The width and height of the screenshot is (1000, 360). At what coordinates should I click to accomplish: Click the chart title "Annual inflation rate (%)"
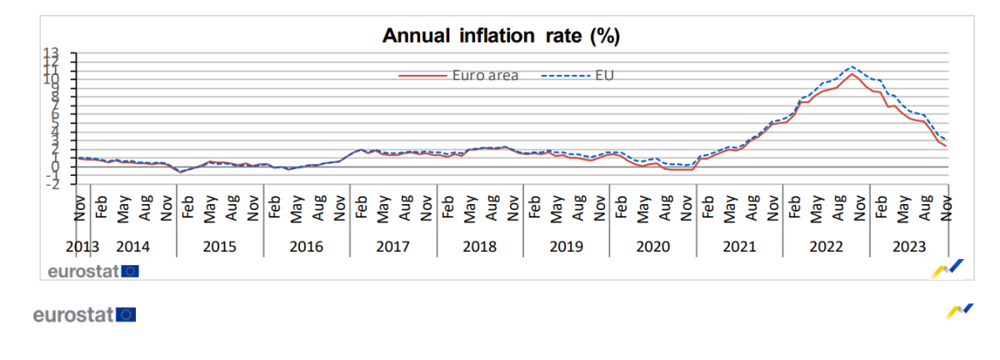click(500, 36)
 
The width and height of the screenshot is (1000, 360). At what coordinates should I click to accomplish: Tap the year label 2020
click(652, 247)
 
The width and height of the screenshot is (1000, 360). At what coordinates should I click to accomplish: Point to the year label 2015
click(219, 247)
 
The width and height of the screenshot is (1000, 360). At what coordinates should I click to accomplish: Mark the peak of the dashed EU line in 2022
click(851, 66)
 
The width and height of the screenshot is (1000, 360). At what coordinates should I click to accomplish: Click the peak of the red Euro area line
click(851, 74)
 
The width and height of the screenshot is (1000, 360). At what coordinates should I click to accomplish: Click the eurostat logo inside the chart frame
click(92, 270)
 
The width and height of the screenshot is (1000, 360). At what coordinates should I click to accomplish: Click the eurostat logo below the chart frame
click(84, 314)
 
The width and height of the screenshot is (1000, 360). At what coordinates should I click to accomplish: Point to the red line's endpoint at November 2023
click(947, 147)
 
